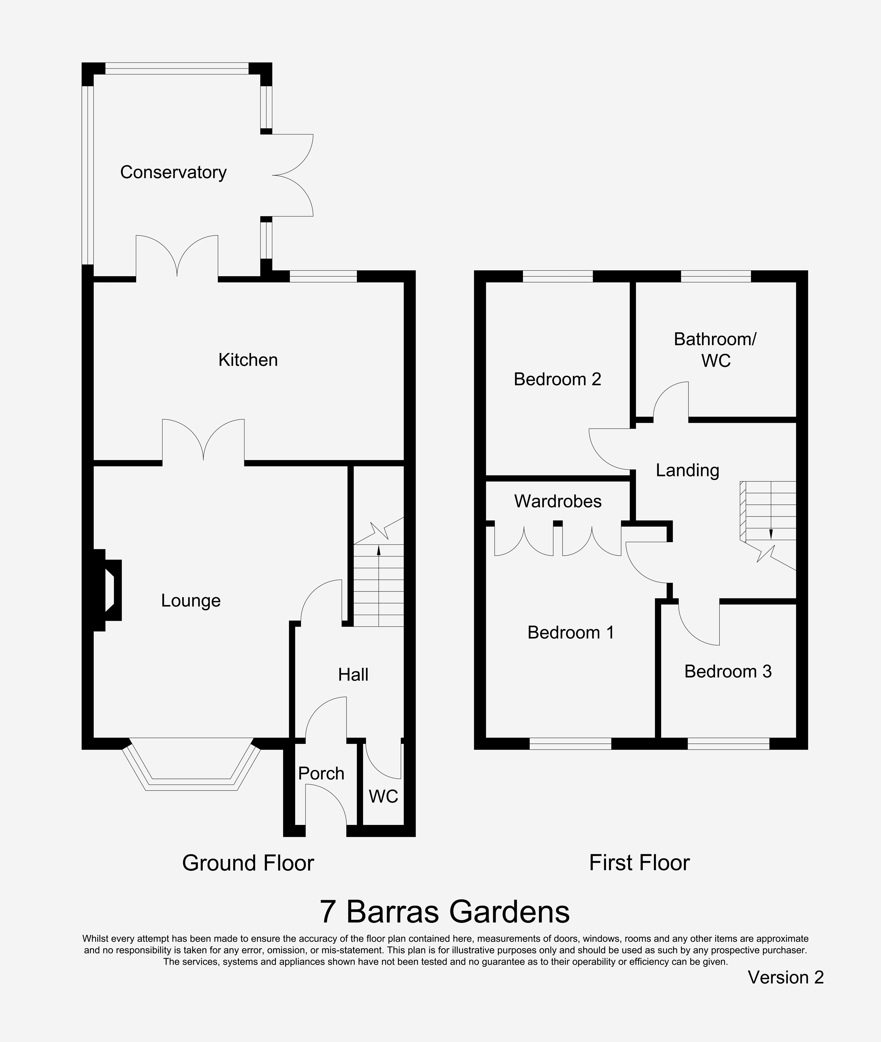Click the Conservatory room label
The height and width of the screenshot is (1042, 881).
pos(173,172)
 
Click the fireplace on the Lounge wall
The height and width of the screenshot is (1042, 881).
pos(109,590)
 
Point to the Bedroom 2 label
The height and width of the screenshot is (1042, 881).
pos(557,379)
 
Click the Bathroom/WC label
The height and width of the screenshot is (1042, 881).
pos(715,350)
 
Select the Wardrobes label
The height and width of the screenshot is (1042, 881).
pos(558,501)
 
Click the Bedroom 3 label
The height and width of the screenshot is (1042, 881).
pos(728,671)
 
